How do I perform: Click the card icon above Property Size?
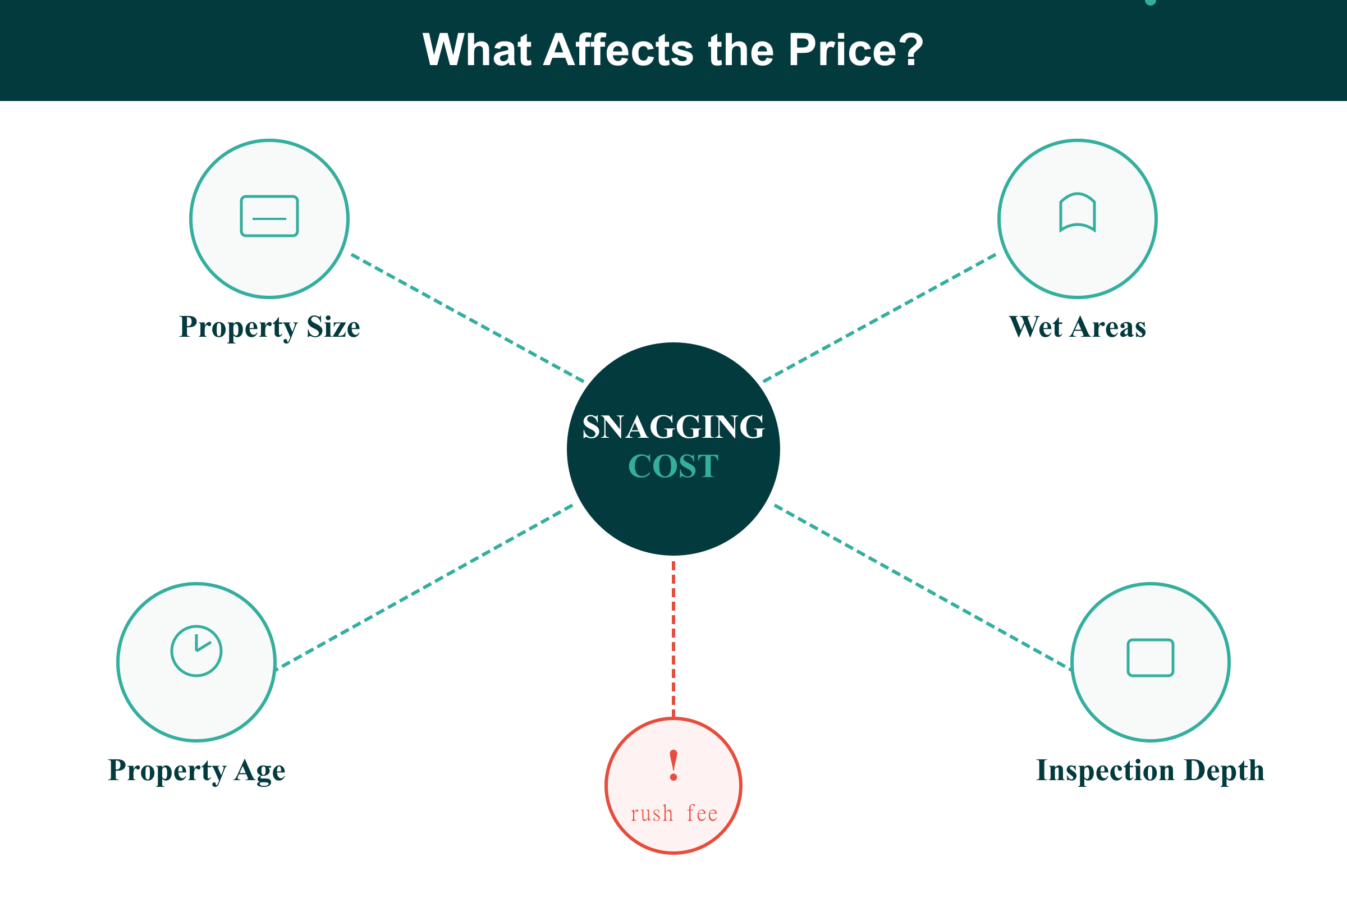point(269,216)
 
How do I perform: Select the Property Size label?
point(269,327)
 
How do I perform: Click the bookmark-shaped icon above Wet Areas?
point(1077,213)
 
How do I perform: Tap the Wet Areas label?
point(1077,327)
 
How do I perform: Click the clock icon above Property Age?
point(196,650)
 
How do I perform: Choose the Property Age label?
point(196,770)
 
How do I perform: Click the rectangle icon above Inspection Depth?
point(1151,657)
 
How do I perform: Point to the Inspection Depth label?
point(1151,770)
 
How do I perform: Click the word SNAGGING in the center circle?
point(673,427)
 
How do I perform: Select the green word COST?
point(673,466)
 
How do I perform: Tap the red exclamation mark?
point(673,765)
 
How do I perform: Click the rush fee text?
point(674,814)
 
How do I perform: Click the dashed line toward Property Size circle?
point(468,318)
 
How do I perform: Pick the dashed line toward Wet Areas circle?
point(879,318)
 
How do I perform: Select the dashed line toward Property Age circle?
point(424,587)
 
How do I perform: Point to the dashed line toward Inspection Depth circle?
point(922,587)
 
